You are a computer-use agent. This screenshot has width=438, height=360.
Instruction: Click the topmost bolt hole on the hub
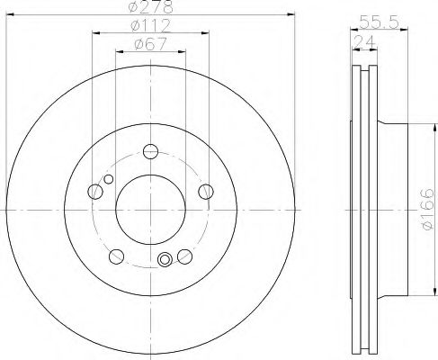click(x=150, y=150)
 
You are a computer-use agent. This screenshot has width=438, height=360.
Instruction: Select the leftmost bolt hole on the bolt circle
click(x=94, y=190)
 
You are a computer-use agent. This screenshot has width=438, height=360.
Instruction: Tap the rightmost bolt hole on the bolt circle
click(x=206, y=190)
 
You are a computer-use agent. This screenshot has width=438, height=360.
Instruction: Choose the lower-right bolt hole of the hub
click(x=184, y=255)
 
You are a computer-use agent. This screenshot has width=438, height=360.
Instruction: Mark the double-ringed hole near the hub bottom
click(x=165, y=261)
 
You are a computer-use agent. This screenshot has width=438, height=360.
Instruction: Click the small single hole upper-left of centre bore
click(x=109, y=180)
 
